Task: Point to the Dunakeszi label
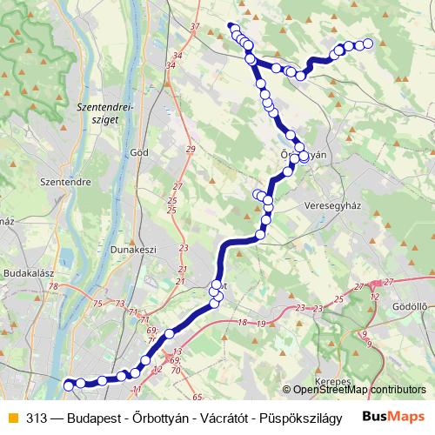(x=132, y=249)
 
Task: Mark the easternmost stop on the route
(x=367, y=43)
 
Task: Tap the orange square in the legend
(x=11, y=416)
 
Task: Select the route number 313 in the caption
(x=37, y=416)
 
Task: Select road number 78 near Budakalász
(x=53, y=286)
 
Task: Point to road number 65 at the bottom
(x=197, y=397)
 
